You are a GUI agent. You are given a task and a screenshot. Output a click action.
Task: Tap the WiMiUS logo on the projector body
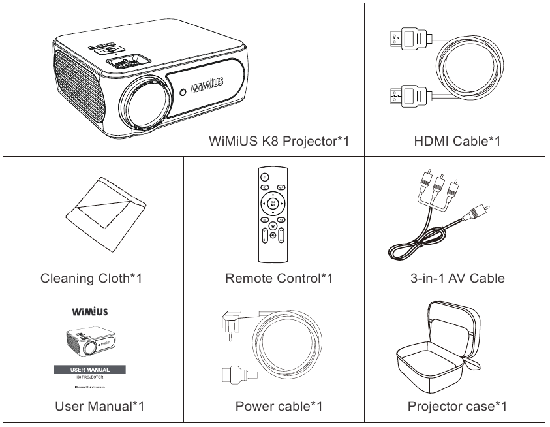[209, 87]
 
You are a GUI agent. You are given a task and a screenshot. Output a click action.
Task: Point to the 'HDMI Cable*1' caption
[457, 140]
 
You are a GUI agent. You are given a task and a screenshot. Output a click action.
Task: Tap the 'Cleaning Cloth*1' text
[91, 278]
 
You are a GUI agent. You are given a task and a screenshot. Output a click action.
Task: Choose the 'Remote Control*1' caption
[279, 278]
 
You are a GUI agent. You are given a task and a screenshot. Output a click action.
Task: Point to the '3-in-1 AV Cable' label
[457, 278]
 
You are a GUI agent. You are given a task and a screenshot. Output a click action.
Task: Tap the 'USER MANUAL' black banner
[91, 370]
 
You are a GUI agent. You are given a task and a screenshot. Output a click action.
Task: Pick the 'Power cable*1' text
[279, 406]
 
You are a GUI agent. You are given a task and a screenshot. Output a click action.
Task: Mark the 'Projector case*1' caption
[457, 406]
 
